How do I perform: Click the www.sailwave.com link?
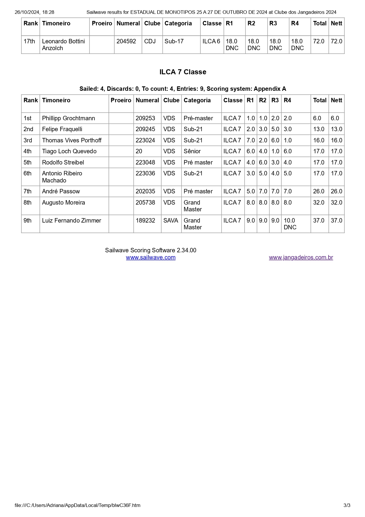click(x=151, y=257)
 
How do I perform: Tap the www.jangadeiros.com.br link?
click(x=301, y=257)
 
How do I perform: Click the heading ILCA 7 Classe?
click(x=183, y=72)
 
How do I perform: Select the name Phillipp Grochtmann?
click(x=68, y=118)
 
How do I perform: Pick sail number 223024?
click(x=145, y=140)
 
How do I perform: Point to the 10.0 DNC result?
click(x=290, y=224)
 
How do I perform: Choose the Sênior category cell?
click(x=192, y=151)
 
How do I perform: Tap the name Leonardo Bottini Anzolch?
click(x=63, y=45)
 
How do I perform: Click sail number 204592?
click(x=126, y=41)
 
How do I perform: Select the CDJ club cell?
click(x=150, y=41)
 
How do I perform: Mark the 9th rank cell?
click(x=27, y=220)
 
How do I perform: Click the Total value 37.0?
click(x=318, y=220)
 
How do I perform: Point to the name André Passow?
click(x=61, y=191)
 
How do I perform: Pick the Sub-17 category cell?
click(x=174, y=41)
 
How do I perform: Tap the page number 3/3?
click(x=347, y=505)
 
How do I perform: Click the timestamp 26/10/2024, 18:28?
click(x=34, y=12)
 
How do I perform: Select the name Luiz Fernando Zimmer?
click(x=72, y=220)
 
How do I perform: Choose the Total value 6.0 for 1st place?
click(x=317, y=118)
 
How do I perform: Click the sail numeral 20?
click(x=139, y=151)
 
